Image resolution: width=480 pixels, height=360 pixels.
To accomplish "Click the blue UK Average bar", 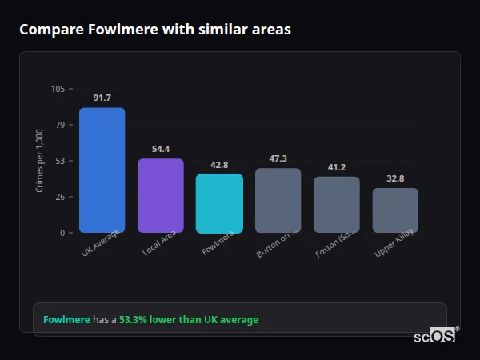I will click(x=102, y=170).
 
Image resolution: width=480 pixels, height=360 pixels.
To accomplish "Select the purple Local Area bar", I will click(x=161, y=195).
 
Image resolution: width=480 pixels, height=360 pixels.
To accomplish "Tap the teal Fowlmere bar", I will click(x=219, y=203).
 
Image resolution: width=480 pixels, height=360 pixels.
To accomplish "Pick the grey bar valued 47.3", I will click(x=278, y=200).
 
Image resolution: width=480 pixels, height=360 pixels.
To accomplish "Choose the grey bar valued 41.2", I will click(x=337, y=205).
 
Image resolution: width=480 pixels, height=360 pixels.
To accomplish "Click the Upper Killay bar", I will click(x=395, y=210).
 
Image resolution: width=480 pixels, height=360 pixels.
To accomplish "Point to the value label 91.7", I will click(x=102, y=98).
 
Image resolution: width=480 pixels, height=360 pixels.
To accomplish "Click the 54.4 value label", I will click(x=161, y=149).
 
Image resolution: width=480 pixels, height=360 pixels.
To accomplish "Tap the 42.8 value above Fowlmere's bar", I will click(x=219, y=165).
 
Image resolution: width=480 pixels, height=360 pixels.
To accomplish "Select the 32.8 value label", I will click(x=395, y=178).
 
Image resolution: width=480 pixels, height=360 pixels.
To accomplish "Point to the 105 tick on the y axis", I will click(x=58, y=89).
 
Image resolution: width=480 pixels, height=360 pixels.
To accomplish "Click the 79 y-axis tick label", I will click(x=60, y=125).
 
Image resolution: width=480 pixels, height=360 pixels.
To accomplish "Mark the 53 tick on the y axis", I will click(x=60, y=161).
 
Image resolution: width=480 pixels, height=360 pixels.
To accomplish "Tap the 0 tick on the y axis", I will click(x=62, y=233).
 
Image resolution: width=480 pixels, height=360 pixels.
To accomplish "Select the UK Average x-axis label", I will click(x=101, y=245).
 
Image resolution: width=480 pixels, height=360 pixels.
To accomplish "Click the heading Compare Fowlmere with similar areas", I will click(x=155, y=30).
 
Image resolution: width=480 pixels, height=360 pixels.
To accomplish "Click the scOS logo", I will click(x=434, y=336).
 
